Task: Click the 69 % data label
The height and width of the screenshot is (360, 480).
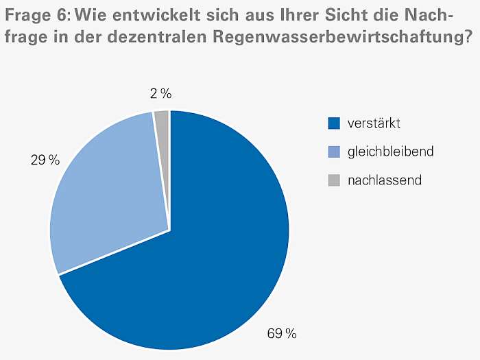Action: click(x=281, y=334)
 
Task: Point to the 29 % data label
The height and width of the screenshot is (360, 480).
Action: click(x=45, y=160)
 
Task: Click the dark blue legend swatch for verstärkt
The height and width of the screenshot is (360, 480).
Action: click(x=334, y=123)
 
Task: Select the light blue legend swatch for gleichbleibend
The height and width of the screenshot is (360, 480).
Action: click(x=334, y=152)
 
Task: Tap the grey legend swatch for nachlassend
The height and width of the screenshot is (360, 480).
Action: click(x=334, y=180)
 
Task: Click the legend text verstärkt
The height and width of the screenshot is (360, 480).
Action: click(x=374, y=123)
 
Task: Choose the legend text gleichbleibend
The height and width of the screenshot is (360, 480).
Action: click(x=390, y=152)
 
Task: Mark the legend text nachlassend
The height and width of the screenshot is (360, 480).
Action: click(x=384, y=180)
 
